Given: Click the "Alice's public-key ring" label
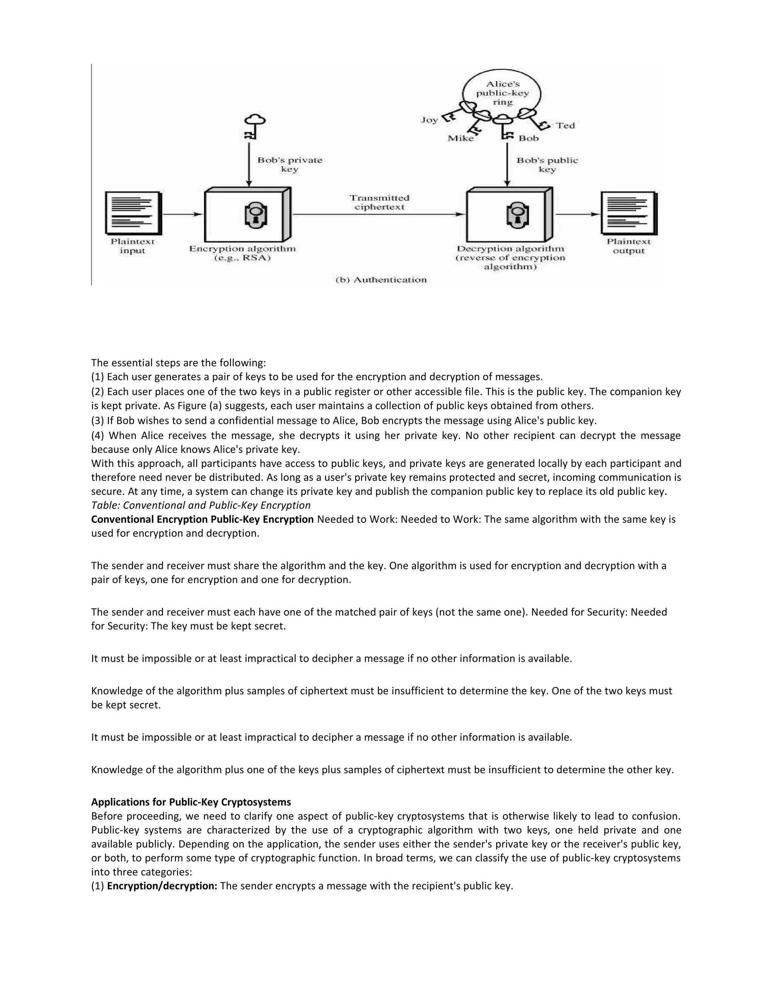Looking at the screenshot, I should [x=502, y=93].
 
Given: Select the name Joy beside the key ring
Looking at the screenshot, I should [x=430, y=120].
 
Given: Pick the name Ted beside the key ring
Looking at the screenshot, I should [x=565, y=125].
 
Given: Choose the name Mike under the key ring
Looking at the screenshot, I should [x=460, y=138].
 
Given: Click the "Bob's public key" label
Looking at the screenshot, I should [x=547, y=165].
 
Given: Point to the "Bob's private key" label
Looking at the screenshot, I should [x=290, y=165].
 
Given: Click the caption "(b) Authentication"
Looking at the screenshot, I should [x=381, y=280].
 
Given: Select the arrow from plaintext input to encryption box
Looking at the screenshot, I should [x=183, y=214].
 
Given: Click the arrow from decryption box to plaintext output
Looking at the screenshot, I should [x=577, y=214].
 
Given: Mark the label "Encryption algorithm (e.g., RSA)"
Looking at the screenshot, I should [x=243, y=253].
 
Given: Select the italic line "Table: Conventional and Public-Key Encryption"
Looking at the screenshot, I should [x=201, y=505].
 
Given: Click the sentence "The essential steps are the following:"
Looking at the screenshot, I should [x=178, y=363].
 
